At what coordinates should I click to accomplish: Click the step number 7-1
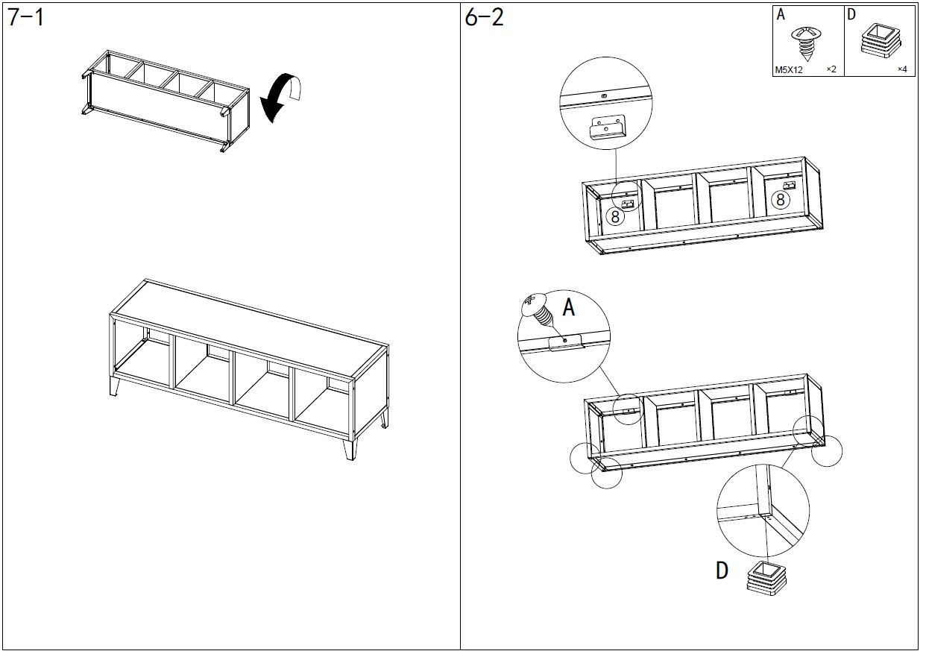[26, 18]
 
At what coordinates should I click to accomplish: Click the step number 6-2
[484, 18]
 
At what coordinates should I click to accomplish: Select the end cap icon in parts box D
[880, 41]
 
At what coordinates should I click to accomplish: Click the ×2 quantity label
[831, 70]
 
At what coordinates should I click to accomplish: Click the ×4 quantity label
[901, 70]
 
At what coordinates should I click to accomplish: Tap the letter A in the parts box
[781, 14]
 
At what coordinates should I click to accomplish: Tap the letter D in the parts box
[851, 14]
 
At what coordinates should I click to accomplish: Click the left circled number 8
[614, 217]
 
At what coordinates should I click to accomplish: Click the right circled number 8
[781, 199]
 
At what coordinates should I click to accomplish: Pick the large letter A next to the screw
[568, 307]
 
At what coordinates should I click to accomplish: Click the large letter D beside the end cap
[722, 570]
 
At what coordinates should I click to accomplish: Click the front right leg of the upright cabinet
[349, 450]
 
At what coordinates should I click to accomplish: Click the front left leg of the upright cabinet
[115, 386]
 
